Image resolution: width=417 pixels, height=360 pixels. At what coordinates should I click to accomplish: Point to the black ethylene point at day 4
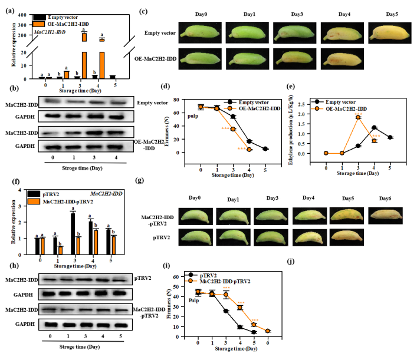pos(374,128)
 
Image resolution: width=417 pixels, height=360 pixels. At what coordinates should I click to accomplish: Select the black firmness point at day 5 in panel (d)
pos(265,149)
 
